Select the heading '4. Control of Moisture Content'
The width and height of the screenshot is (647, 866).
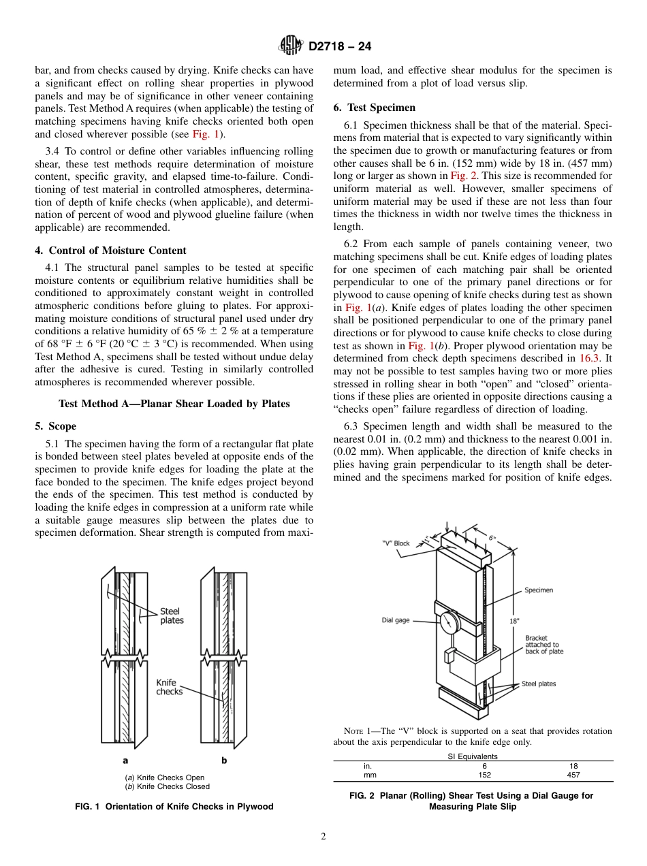pyautogui.click(x=110, y=251)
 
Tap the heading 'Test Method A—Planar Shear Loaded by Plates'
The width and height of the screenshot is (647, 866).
pyautogui.click(x=174, y=404)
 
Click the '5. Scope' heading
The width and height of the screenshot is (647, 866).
pyautogui.click(x=56, y=426)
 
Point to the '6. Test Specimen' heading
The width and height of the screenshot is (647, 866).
pyautogui.click(x=374, y=108)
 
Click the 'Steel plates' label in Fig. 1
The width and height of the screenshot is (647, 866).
pyautogui.click(x=172, y=616)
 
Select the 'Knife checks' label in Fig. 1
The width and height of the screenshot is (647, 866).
pyautogui.click(x=169, y=687)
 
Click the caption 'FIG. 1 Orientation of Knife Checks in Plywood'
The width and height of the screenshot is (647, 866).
pyautogui.click(x=174, y=807)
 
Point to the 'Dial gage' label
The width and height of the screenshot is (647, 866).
pyautogui.click(x=396, y=620)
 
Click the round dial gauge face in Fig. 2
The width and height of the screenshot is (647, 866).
pyautogui.click(x=450, y=622)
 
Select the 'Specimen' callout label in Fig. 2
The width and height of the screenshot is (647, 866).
pyautogui.click(x=538, y=590)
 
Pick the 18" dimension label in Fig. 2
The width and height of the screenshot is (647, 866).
pyautogui.click(x=514, y=621)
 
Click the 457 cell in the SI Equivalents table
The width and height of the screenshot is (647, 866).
pyautogui.click(x=573, y=775)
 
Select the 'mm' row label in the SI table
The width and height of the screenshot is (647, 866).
pyautogui.click(x=370, y=775)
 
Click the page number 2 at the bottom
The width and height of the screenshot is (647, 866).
pyautogui.click(x=323, y=837)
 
